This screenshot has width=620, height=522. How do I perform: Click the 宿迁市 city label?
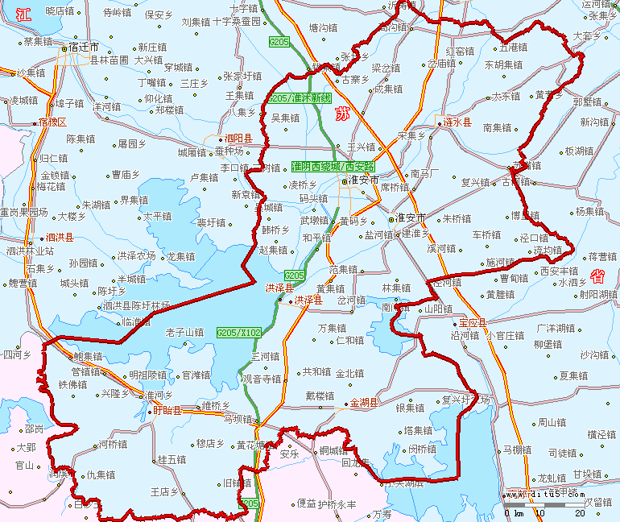[x=84, y=48]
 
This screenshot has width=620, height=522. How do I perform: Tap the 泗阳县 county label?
[x=238, y=139]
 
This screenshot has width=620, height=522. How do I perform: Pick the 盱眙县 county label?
[x=167, y=410]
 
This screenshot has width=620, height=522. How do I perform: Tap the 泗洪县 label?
[x=60, y=238]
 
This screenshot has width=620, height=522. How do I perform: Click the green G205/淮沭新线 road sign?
[x=300, y=98]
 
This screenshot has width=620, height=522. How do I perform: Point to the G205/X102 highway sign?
[x=239, y=332]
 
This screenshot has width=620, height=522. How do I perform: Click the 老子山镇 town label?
[x=184, y=332]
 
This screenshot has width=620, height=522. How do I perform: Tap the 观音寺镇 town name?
[x=262, y=379]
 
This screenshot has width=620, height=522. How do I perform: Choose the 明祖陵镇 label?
[x=147, y=375]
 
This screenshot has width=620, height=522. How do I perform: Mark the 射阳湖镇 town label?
[x=597, y=294]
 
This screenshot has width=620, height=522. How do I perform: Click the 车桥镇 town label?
[x=486, y=235]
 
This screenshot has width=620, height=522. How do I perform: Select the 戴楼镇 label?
[x=319, y=396]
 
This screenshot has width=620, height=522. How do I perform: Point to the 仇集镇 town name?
[x=101, y=475]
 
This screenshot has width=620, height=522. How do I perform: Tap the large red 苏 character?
[x=343, y=111]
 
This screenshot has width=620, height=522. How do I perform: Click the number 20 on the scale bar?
[x=579, y=512]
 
